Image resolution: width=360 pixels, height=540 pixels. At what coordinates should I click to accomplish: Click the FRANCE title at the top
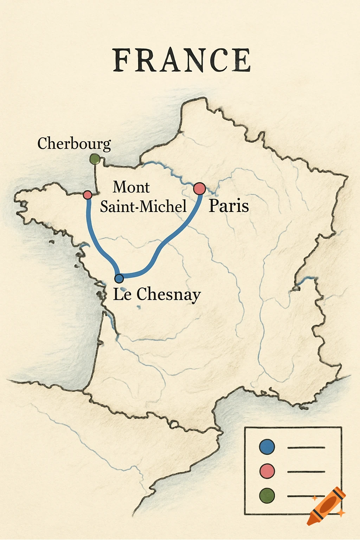182,60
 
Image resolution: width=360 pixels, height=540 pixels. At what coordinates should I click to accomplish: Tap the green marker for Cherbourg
95,159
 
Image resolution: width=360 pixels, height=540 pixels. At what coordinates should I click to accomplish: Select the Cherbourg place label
74,144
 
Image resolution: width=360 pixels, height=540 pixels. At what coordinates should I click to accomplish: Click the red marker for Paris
199,188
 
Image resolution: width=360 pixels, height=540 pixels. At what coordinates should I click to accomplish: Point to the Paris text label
229,206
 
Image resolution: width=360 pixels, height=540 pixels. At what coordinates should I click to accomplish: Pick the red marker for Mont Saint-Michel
88,195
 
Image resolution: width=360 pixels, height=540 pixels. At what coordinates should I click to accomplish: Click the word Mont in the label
131,187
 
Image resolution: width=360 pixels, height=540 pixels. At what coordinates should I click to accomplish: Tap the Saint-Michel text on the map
143,206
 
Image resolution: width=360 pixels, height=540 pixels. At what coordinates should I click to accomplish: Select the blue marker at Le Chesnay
119,278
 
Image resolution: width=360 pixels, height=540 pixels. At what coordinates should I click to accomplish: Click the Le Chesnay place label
157,294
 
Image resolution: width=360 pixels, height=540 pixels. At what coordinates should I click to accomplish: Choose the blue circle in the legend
267,447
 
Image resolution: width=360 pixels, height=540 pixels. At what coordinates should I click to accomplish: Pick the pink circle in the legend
267,471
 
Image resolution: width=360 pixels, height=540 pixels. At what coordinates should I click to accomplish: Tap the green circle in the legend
267,496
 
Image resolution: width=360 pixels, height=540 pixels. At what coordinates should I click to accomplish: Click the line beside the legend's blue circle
306,448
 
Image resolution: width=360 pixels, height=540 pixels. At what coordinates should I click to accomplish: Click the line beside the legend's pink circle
306,472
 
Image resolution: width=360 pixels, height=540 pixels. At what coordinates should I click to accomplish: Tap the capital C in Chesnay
142,294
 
